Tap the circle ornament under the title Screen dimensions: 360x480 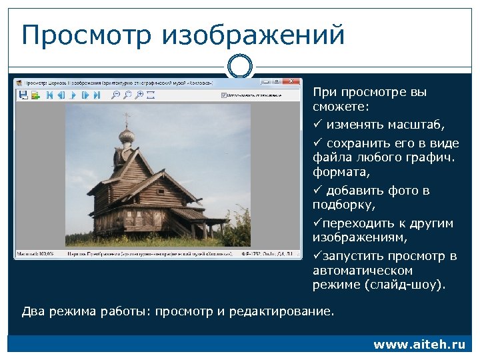[x=239, y=66]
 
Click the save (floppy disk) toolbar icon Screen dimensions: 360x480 [x=21, y=96]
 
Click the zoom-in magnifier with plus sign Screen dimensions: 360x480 [x=127, y=96]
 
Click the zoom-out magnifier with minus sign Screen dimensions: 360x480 [x=116, y=96]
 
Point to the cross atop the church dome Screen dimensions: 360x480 [x=127, y=119]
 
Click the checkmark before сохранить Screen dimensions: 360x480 [x=317, y=143]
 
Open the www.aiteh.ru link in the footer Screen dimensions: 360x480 [x=419, y=345]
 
